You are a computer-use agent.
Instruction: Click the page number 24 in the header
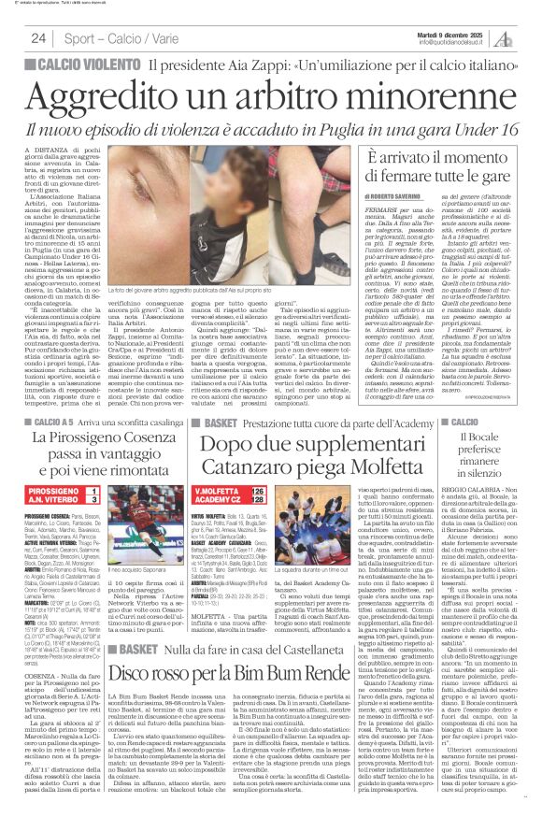tap(38, 37)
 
